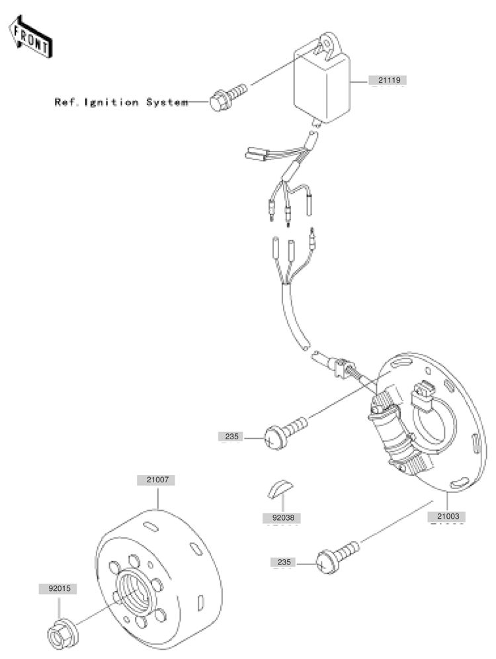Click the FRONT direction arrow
(x=30, y=37)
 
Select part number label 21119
(x=388, y=80)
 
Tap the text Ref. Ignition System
(x=121, y=103)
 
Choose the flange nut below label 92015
(x=62, y=636)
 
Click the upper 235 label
(x=231, y=437)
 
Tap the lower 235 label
(x=283, y=562)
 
